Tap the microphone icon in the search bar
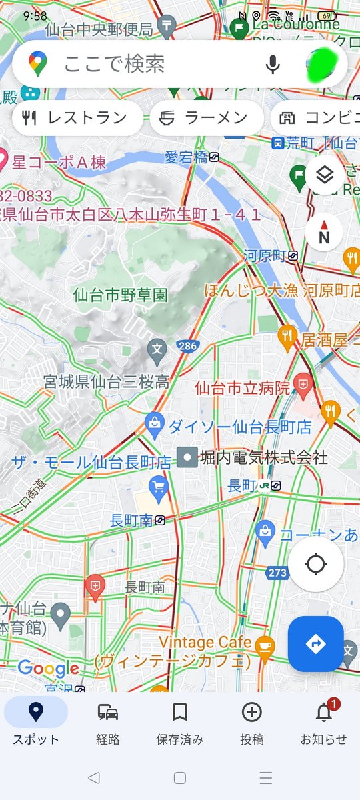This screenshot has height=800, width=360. pyautogui.click(x=272, y=64)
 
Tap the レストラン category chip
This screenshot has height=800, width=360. pyautogui.click(x=77, y=119)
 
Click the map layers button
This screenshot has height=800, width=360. pyautogui.click(x=324, y=175)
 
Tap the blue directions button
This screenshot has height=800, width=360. pyautogui.click(x=315, y=643)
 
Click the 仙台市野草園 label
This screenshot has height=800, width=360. pyautogui.click(x=121, y=294)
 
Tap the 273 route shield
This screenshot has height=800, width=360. pyautogui.click(x=277, y=573)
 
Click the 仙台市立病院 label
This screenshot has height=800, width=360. pyautogui.click(x=243, y=387)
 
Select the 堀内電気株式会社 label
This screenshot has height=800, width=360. pyautogui.click(x=264, y=457)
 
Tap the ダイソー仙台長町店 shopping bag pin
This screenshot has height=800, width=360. pyautogui.click(x=155, y=423)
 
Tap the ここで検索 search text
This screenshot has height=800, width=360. pyautogui.click(x=114, y=64)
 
